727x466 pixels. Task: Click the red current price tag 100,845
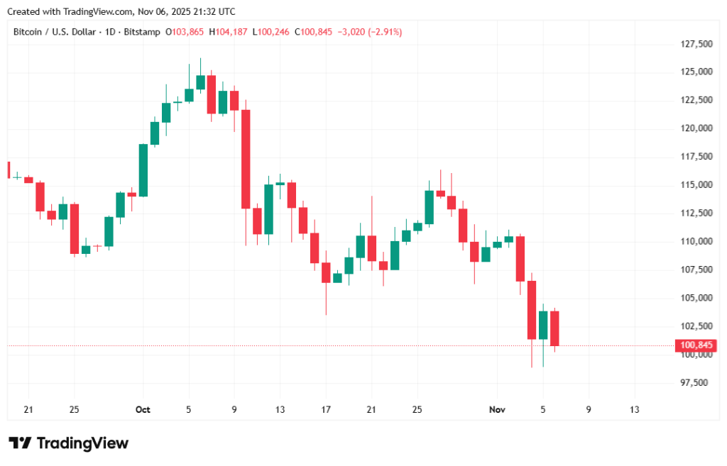(x=696, y=346)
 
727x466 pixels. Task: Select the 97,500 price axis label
(x=694, y=383)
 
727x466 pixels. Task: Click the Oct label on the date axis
(x=143, y=410)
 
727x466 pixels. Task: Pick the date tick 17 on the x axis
(x=326, y=410)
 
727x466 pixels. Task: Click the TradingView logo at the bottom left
(x=68, y=443)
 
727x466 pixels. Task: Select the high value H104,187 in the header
(x=231, y=32)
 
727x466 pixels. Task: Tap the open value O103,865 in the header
(x=185, y=32)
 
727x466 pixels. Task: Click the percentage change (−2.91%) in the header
(x=383, y=32)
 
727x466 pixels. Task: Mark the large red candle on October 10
(x=246, y=159)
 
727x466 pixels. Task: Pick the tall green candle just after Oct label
(x=143, y=170)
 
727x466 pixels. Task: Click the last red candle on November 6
(x=554, y=328)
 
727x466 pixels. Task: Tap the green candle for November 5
(x=543, y=325)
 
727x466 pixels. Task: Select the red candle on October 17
(x=326, y=272)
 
